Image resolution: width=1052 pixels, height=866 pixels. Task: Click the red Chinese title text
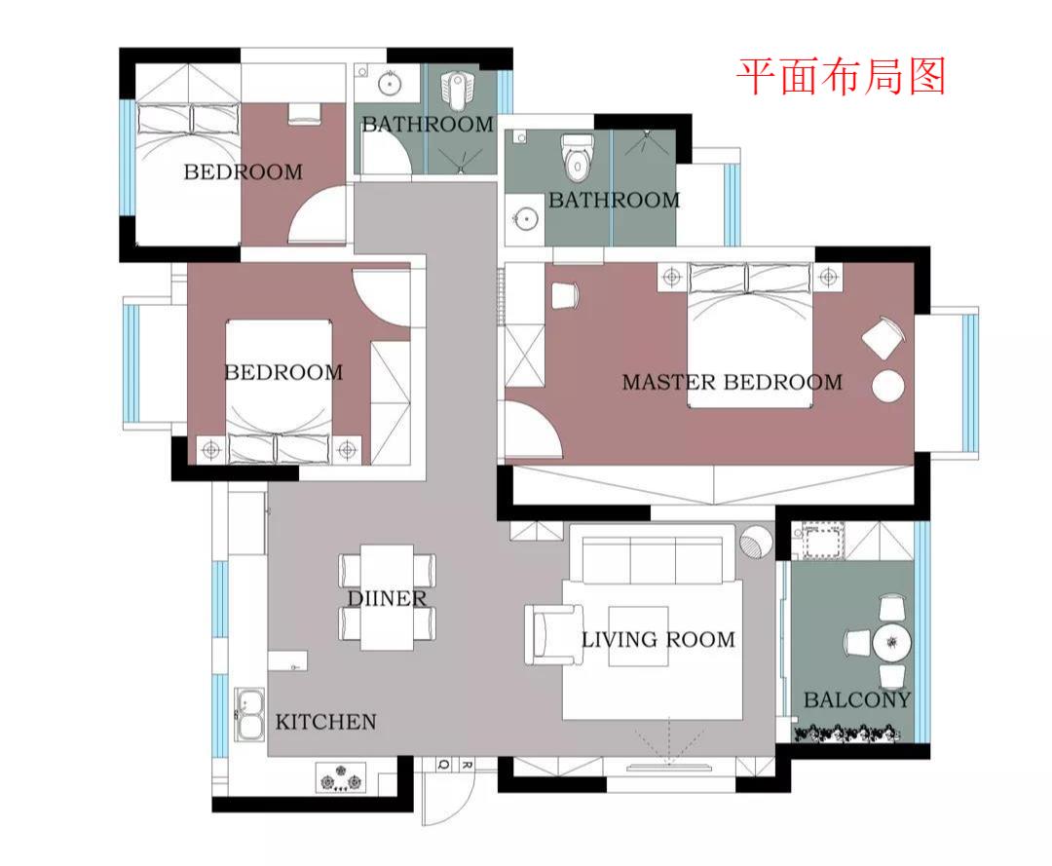(841, 76)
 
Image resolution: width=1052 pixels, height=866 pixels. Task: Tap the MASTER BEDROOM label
(732, 382)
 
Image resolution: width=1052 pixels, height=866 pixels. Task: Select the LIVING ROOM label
(657, 640)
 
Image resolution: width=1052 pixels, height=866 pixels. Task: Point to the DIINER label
(387, 598)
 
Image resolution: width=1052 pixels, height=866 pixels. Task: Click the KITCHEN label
(325, 722)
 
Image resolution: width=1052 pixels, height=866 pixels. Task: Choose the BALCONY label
(856, 699)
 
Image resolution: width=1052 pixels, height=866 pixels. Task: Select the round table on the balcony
(891, 643)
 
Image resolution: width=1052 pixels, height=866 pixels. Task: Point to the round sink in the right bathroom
(526, 218)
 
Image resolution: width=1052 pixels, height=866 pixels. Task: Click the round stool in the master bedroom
(888, 387)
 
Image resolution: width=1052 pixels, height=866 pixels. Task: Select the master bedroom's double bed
(750, 336)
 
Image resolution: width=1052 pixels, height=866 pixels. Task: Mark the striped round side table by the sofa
(755, 542)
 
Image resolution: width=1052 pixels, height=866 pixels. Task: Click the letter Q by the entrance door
(443, 765)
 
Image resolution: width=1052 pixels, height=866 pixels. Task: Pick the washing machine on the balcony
(819, 543)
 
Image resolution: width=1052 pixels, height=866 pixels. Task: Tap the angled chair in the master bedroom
(884, 338)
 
